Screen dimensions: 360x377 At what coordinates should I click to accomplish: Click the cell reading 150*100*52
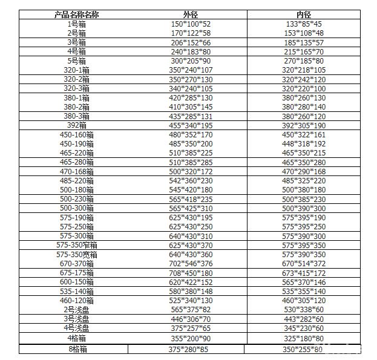point(190,24)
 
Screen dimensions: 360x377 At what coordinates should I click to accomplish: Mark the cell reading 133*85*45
point(303,24)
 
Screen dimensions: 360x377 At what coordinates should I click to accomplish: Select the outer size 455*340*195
point(190,125)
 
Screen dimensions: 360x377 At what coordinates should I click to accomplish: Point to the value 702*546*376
point(190,264)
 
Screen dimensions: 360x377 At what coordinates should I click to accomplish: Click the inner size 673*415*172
point(303,273)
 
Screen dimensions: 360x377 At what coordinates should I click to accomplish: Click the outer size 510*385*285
point(190,162)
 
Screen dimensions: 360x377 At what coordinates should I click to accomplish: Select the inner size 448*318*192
point(303,144)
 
